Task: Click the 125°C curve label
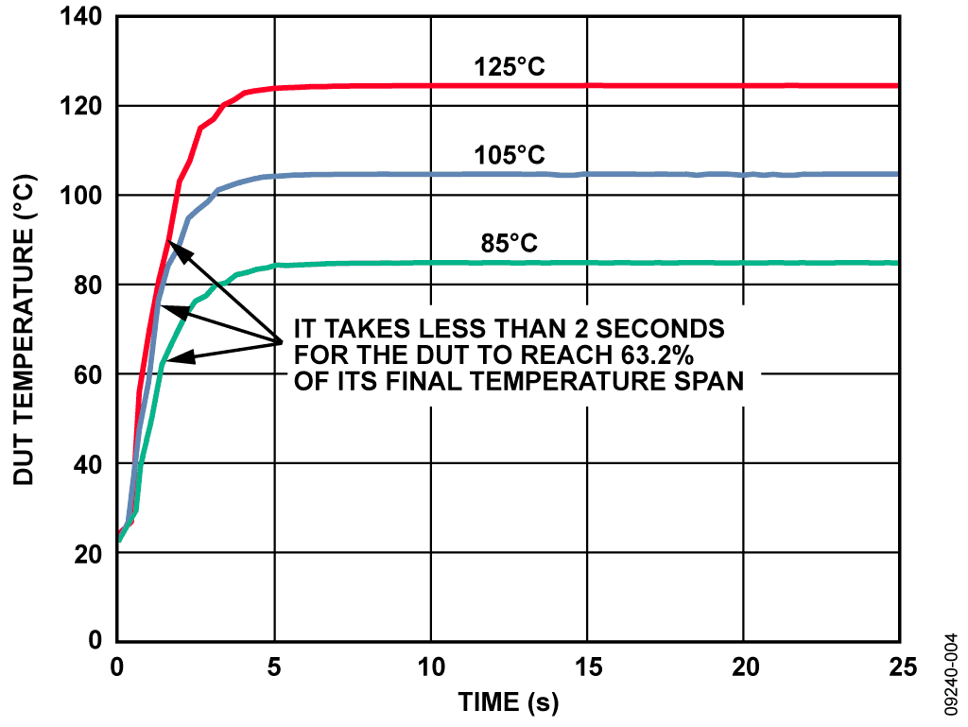pos(510,67)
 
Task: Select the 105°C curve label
pos(510,155)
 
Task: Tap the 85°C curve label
pos(510,243)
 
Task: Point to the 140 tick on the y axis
pos(84,17)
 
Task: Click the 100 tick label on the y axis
pos(84,196)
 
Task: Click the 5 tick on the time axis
pos(274,667)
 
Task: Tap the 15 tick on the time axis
pos(587,667)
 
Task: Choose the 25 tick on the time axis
pos(900,667)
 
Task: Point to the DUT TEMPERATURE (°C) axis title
pos(23,329)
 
